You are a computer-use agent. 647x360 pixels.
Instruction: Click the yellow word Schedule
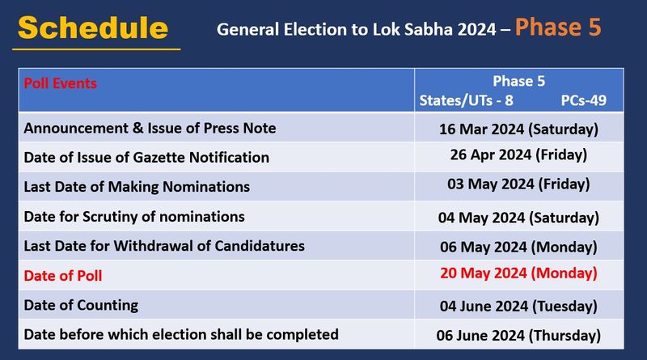pyautogui.click(x=93, y=28)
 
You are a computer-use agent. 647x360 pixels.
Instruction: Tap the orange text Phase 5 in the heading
pyautogui.click(x=558, y=27)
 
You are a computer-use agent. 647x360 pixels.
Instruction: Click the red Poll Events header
pyautogui.click(x=60, y=83)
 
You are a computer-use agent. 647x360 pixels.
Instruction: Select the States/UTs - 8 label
pyautogui.click(x=467, y=100)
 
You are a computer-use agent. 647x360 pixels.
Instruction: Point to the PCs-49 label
pyautogui.click(x=583, y=100)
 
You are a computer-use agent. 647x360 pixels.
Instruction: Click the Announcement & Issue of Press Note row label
pyautogui.click(x=150, y=128)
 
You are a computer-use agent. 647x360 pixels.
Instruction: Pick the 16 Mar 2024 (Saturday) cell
pyautogui.click(x=518, y=129)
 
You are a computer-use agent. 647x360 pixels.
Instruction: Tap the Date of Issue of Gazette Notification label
pyautogui.click(x=146, y=157)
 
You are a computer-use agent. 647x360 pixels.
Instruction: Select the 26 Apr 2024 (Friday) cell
pyautogui.click(x=518, y=155)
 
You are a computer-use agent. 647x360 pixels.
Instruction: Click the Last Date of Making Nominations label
pyautogui.click(x=137, y=187)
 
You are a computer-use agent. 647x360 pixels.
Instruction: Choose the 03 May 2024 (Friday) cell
pyautogui.click(x=518, y=184)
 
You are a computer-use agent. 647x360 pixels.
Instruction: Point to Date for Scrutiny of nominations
pyautogui.click(x=134, y=217)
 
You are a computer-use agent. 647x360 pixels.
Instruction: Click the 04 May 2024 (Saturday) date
pyautogui.click(x=518, y=218)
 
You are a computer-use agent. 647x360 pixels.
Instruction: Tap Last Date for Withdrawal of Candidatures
pyautogui.click(x=164, y=246)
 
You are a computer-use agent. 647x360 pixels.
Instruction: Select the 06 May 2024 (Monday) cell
pyautogui.click(x=518, y=247)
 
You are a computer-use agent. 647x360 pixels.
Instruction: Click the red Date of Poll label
pyautogui.click(x=63, y=276)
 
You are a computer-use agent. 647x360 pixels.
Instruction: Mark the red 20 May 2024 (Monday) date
pyautogui.click(x=518, y=273)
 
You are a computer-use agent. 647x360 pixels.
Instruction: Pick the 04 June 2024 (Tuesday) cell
pyautogui.click(x=518, y=307)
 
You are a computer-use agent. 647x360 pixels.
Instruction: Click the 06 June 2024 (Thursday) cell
pyautogui.click(x=518, y=336)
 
